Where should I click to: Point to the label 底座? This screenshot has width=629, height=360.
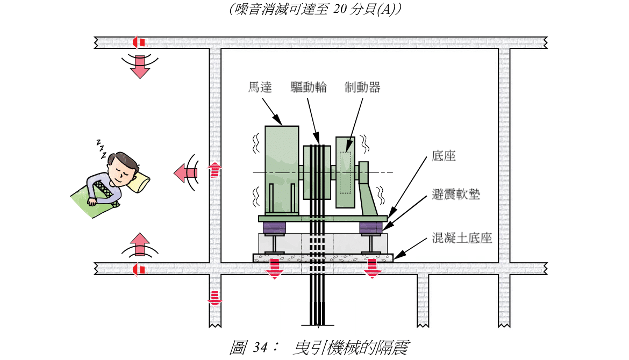444,156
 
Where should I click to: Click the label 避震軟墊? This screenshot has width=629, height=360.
456,195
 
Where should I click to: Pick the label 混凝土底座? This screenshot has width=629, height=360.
462,237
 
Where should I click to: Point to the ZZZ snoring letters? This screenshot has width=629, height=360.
101,148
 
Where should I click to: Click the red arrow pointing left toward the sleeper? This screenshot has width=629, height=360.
185,172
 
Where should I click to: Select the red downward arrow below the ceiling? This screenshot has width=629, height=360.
140,67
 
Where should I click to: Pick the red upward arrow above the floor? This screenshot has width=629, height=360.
140,245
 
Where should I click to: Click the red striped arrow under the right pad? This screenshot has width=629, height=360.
372,268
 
